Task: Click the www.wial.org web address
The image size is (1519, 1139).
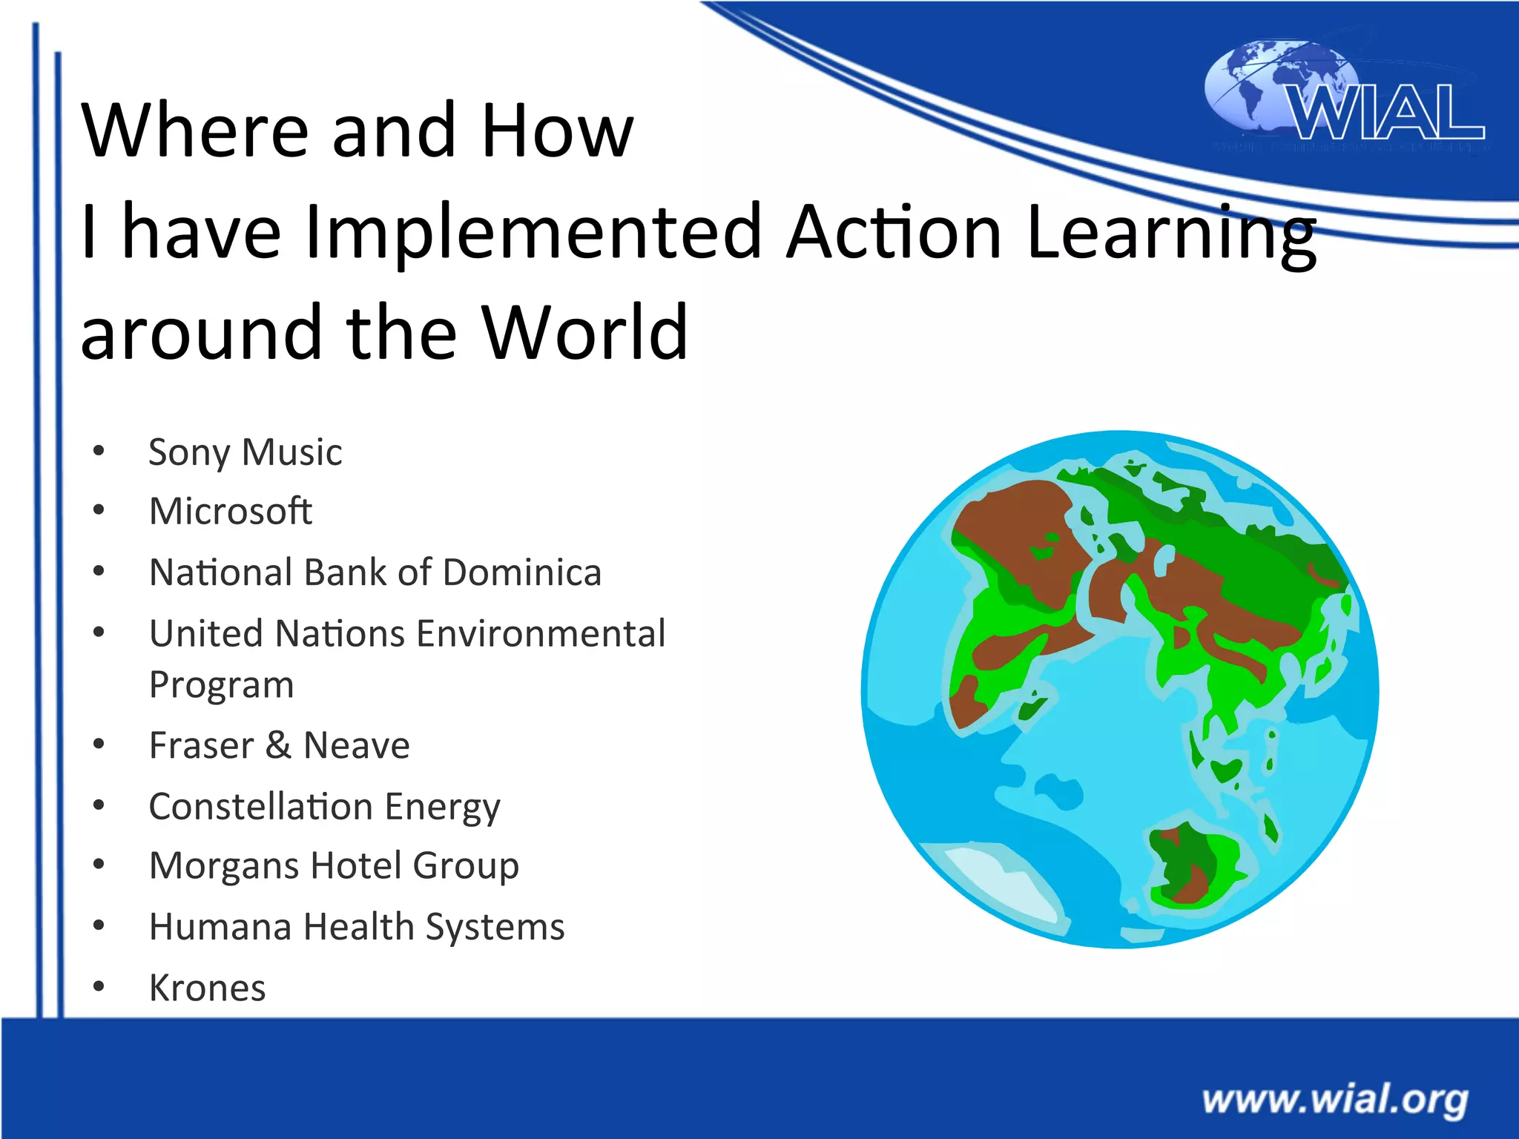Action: pos(1334,1099)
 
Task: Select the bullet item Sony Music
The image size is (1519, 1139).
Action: pos(245,452)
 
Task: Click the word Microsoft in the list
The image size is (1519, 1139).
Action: pos(230,511)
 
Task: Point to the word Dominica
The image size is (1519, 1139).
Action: pos(522,572)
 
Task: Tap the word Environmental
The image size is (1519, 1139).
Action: pos(541,634)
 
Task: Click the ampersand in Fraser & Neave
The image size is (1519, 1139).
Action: pos(278,745)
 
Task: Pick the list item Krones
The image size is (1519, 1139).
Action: pos(207,988)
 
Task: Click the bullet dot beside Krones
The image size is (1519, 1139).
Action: pos(99,987)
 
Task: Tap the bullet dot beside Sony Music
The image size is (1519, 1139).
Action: pos(99,451)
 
